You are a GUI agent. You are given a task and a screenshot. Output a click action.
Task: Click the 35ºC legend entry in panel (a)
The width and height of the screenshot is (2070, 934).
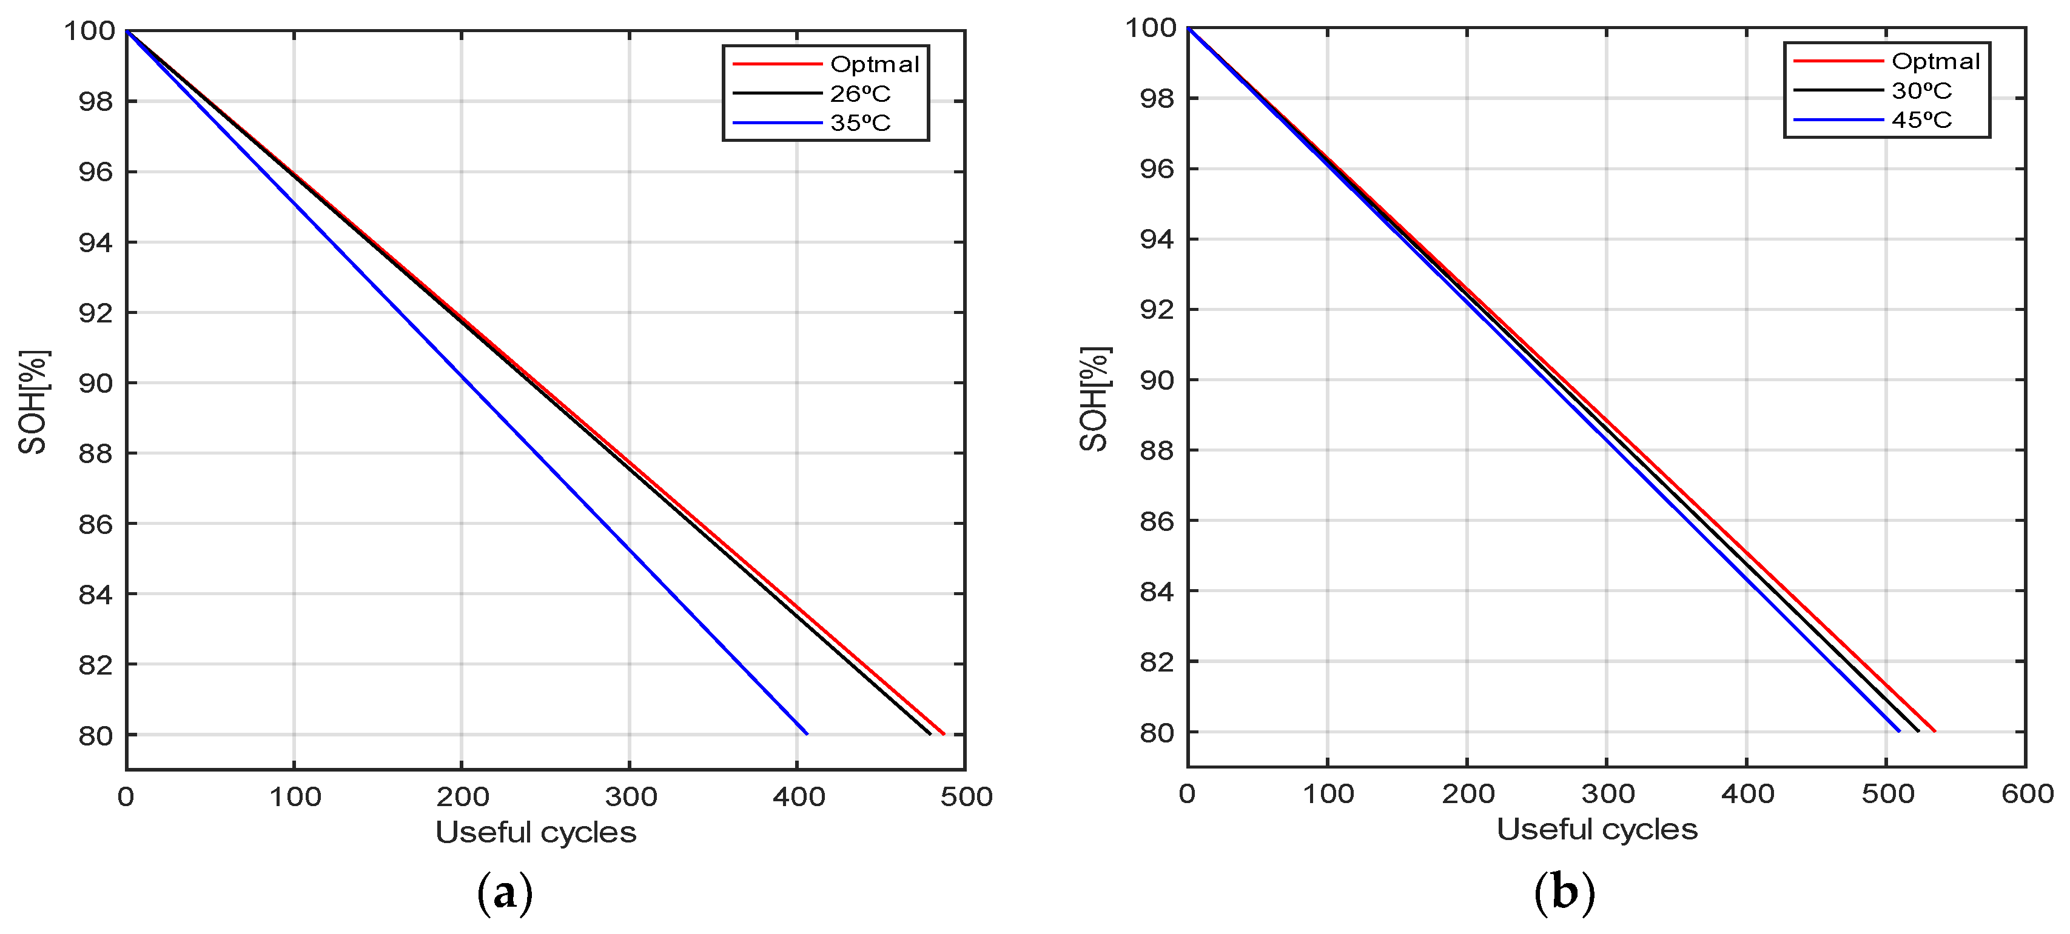[x=860, y=123]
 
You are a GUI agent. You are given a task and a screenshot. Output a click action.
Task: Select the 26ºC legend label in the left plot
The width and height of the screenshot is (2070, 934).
[x=860, y=94]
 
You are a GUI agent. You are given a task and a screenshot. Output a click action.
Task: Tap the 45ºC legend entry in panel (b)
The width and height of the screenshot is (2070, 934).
[x=1921, y=119]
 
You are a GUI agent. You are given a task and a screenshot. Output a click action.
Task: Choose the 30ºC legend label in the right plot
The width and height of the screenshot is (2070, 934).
[x=1921, y=91]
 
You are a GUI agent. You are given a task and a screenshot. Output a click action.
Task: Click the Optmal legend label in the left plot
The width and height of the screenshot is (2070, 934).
[x=875, y=64]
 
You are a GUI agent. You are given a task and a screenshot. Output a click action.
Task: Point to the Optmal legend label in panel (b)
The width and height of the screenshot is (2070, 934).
[x=1936, y=61]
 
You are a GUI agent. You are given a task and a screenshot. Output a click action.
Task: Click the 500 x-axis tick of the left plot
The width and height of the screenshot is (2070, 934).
[x=967, y=796]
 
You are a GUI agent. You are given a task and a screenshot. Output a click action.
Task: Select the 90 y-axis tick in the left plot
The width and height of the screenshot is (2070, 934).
[x=96, y=383]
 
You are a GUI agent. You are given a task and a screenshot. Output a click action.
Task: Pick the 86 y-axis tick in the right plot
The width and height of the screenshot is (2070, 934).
[x=1157, y=521]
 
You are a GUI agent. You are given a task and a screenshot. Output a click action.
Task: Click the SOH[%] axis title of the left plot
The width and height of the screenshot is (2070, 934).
[x=34, y=402]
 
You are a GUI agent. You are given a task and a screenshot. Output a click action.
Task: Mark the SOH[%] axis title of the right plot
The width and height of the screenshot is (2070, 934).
[x=1095, y=399]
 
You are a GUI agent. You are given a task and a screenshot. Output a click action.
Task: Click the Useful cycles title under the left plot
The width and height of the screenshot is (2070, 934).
[x=536, y=832]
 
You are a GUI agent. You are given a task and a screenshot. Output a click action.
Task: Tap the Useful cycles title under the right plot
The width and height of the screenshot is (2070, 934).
[x=1597, y=829]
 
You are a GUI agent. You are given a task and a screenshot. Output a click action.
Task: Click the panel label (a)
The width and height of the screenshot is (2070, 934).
[x=505, y=893]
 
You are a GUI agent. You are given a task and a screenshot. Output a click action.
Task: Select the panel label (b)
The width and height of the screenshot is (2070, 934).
[x=1564, y=892]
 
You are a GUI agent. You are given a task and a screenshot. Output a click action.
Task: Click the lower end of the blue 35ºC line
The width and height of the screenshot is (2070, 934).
[x=807, y=733]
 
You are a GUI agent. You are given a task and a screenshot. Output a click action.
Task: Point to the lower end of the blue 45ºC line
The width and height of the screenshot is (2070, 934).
[x=1899, y=731]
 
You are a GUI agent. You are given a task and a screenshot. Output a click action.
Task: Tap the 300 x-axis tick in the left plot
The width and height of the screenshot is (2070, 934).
[x=631, y=796]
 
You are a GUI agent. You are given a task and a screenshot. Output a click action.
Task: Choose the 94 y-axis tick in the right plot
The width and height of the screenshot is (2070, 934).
[x=1157, y=239]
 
